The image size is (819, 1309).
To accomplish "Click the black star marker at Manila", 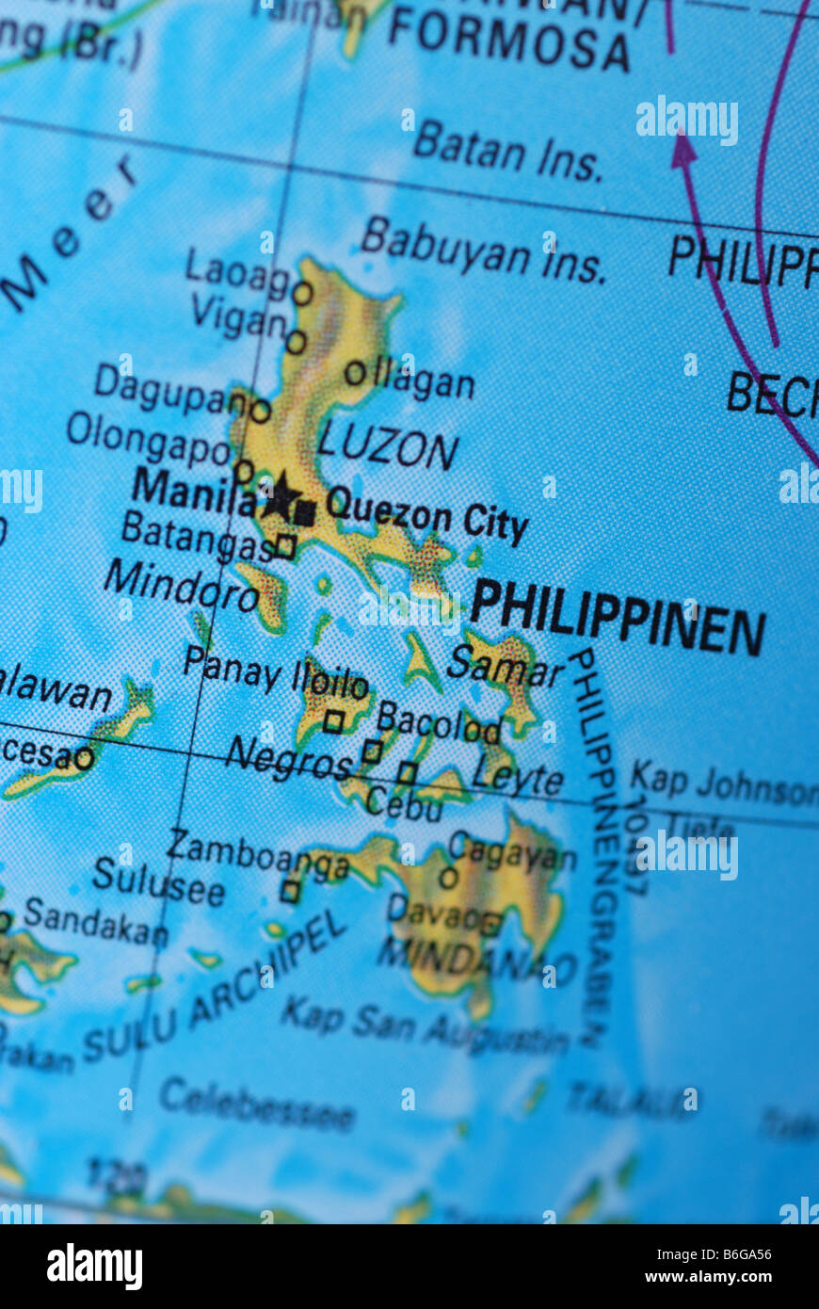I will click(281, 496).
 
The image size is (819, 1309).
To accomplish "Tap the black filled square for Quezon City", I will click(304, 513).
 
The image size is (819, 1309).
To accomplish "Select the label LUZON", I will click(388, 446).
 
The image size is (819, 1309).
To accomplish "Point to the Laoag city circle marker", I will click(302, 294).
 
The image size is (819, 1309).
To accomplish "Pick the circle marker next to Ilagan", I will click(354, 373).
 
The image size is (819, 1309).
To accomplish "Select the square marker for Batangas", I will click(285, 546).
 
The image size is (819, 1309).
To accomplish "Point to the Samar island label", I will click(505, 667).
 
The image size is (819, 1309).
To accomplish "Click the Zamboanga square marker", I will click(290, 891).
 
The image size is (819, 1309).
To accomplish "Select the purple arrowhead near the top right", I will click(683, 149).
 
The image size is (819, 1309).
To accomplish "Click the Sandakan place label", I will click(96, 921).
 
